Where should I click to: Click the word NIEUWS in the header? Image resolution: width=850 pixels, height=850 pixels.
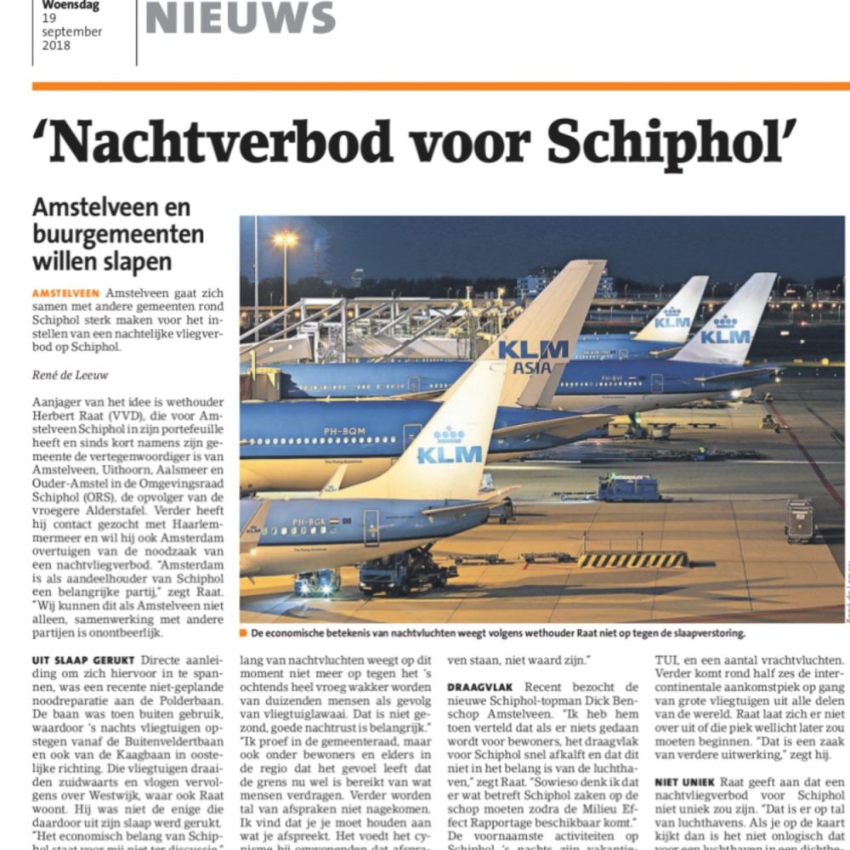240,19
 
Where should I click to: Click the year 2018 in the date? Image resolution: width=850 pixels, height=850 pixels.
56,46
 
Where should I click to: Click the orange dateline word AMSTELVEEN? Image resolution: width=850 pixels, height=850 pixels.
66,293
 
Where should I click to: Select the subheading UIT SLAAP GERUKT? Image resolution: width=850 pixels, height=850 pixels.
84,660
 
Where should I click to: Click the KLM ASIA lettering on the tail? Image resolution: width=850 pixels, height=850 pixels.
533,357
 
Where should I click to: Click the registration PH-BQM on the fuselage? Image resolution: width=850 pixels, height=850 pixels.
344,432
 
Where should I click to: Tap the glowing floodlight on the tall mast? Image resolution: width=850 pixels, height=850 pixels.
285,241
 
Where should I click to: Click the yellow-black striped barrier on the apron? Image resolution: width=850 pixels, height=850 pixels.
633,559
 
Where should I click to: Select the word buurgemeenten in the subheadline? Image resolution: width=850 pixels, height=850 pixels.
118,234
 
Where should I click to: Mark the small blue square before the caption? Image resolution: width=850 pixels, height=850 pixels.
243,633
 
